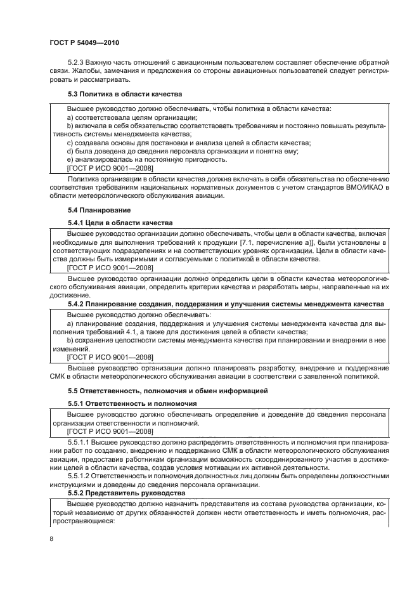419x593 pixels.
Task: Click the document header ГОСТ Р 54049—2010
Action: click(x=84, y=42)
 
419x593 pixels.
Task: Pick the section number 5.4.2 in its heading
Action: click(x=77, y=304)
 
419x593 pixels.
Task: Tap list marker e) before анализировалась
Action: click(x=70, y=160)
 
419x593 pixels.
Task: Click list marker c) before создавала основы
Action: click(x=70, y=143)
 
